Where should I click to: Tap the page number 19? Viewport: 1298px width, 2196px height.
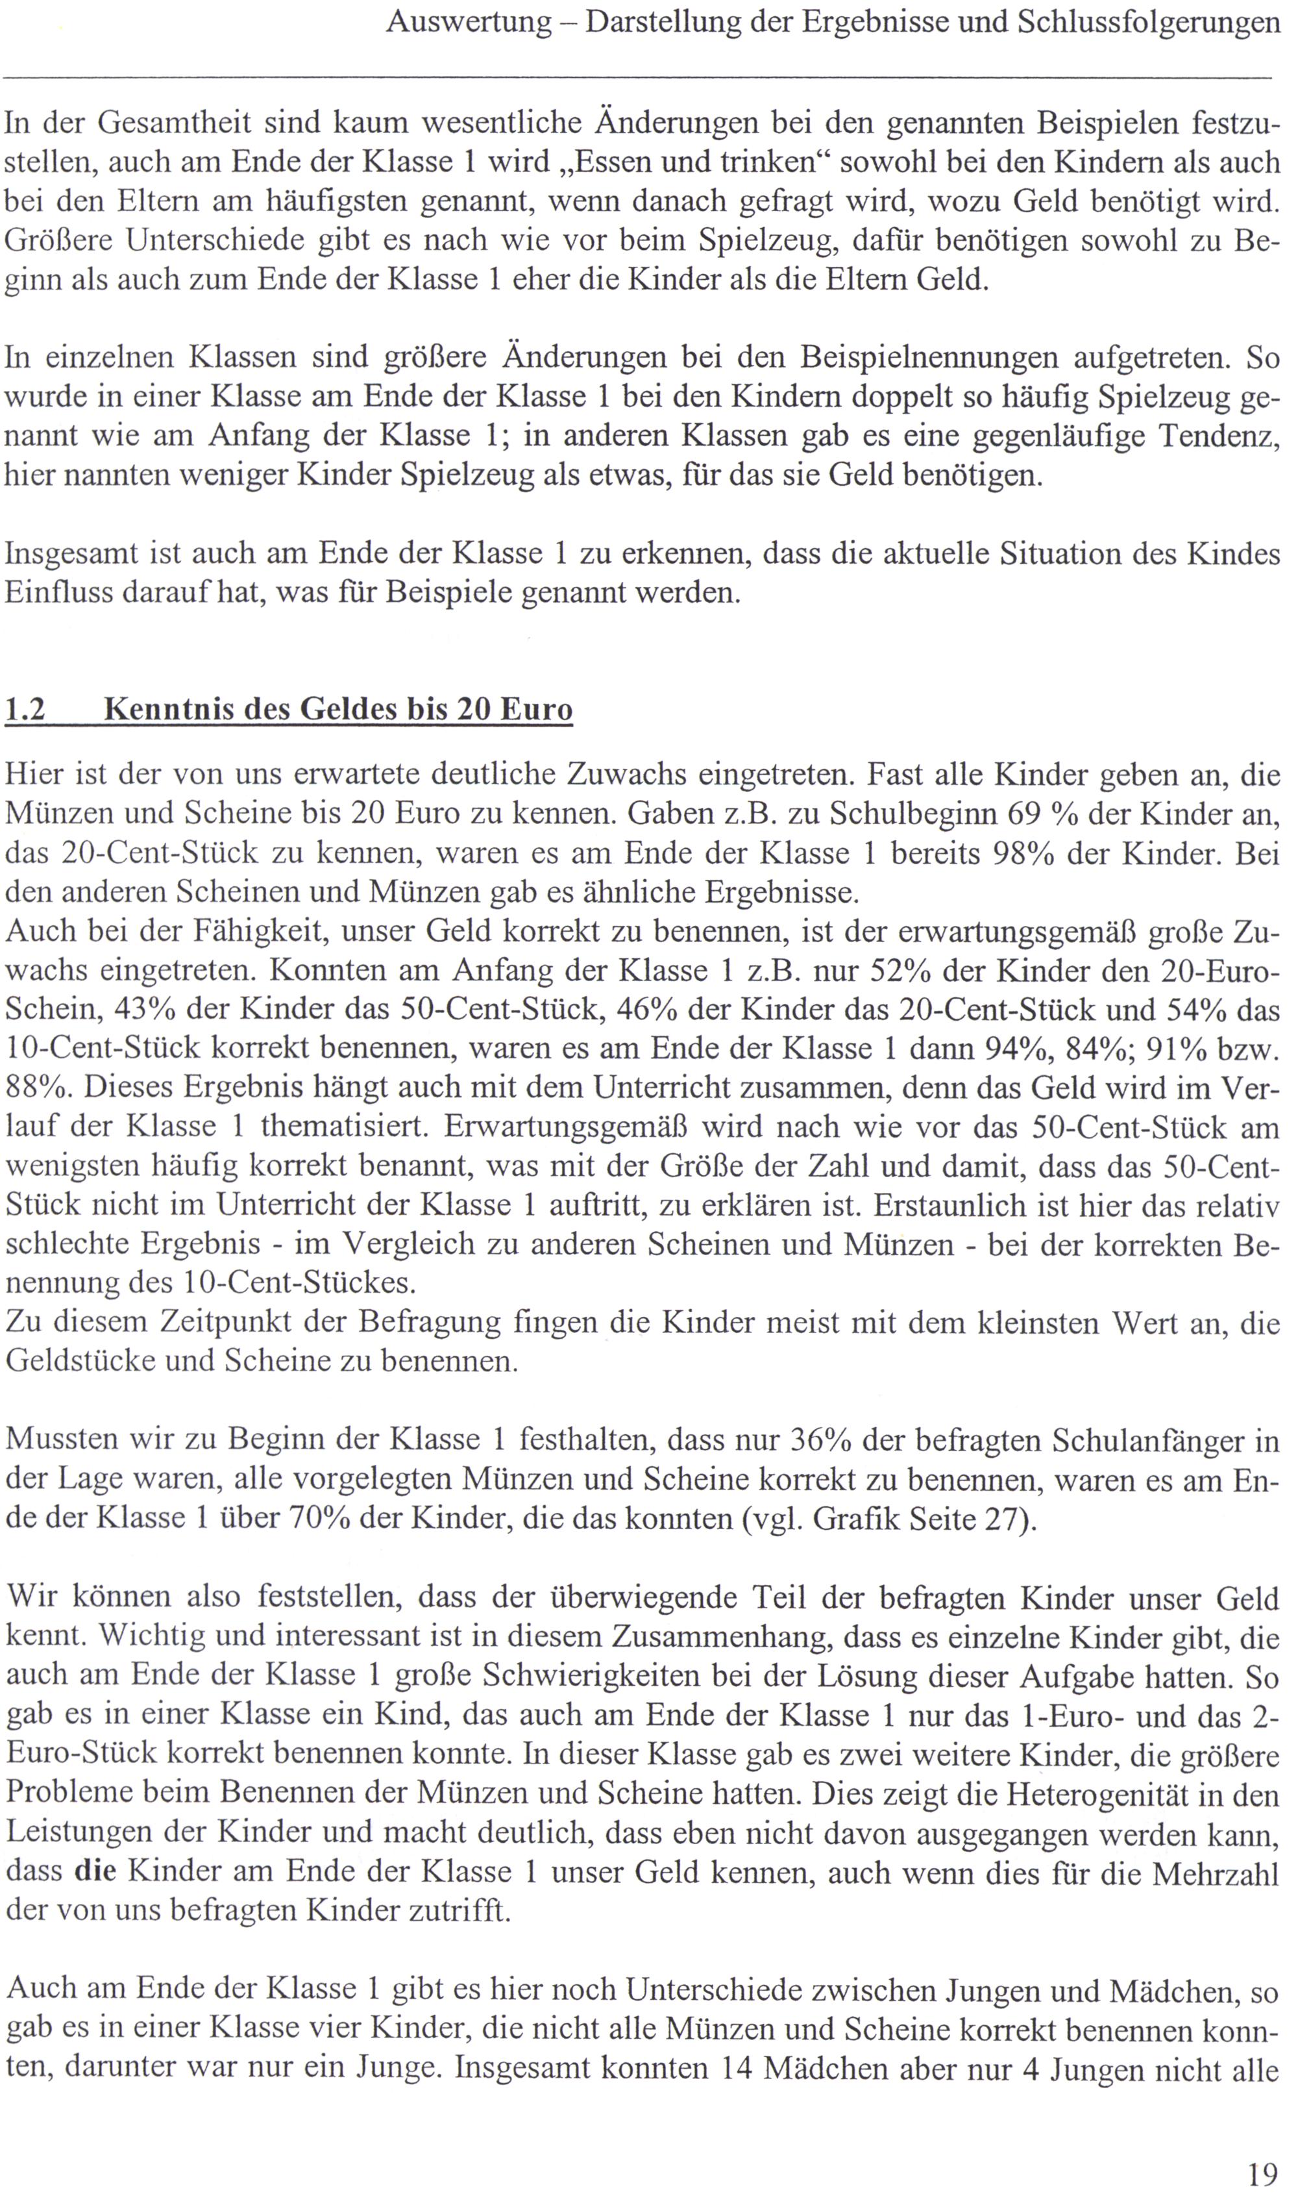pyautogui.click(x=1263, y=2166)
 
